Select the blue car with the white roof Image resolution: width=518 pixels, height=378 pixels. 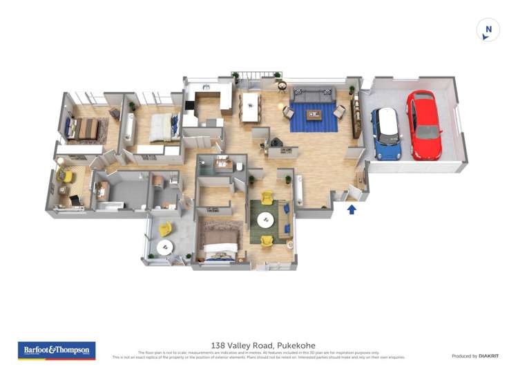pos(387,133)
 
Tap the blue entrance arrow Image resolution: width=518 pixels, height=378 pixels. pos(352,209)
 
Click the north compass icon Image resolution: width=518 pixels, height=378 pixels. pos(488,30)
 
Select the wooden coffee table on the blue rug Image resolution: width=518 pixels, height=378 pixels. pos(314,115)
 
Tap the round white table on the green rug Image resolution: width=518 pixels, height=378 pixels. pos(265,221)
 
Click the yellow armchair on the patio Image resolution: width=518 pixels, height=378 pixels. pos(166,228)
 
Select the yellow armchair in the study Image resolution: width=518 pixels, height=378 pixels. pos(66,177)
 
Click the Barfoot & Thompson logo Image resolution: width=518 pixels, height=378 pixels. pos(57,350)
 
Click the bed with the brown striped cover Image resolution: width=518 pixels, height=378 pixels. pos(87,128)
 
